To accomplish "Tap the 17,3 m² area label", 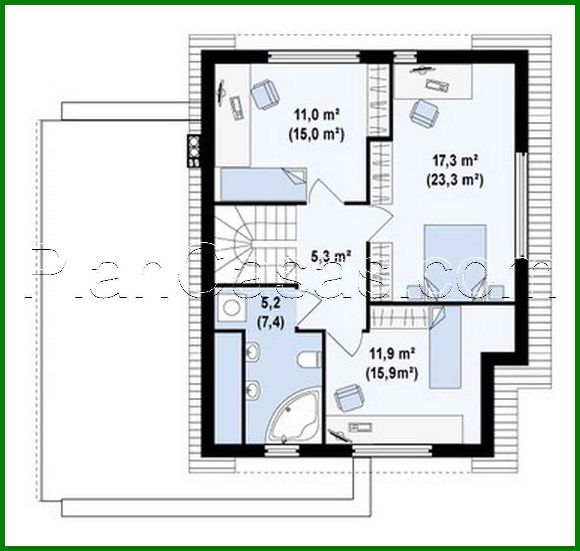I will click(x=454, y=161).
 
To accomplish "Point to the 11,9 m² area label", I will click(x=392, y=355).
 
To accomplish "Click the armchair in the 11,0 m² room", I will click(x=264, y=95).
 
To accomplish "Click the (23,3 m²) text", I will click(x=454, y=179).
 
